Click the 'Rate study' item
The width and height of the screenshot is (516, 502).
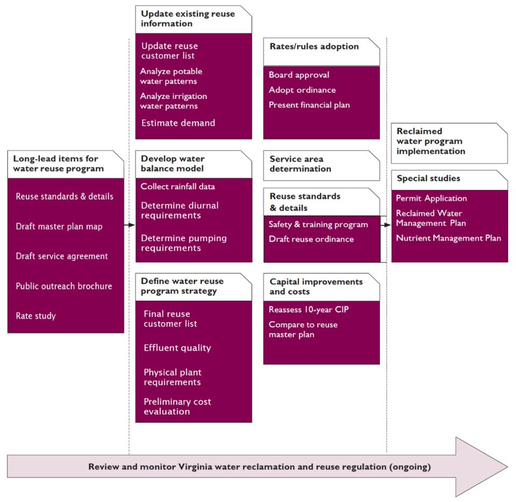point(35,316)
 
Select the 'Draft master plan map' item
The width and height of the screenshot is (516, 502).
point(59,227)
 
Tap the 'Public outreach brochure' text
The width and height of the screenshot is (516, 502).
point(63,286)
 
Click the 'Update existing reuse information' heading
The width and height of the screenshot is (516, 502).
point(188,19)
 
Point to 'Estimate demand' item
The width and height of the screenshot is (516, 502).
point(178,123)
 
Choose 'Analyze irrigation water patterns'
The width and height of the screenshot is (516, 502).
point(173,101)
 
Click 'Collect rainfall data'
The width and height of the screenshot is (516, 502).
point(177,187)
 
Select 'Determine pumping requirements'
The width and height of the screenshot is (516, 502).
point(183,243)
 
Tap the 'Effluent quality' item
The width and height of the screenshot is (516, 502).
point(177,348)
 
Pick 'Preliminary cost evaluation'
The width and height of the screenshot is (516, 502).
point(177,407)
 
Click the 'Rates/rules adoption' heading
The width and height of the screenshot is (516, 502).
point(314,47)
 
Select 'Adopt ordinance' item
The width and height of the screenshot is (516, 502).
point(302,90)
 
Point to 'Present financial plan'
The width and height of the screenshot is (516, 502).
point(309,105)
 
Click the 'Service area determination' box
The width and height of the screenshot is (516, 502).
point(321,164)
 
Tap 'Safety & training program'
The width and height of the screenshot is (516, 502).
point(318,224)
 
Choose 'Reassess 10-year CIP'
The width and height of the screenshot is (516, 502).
point(309,309)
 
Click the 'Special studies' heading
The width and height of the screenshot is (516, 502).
point(428,179)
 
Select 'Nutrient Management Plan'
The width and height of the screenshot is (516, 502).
point(448,238)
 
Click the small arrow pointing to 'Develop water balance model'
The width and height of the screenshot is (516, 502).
point(130,225)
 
